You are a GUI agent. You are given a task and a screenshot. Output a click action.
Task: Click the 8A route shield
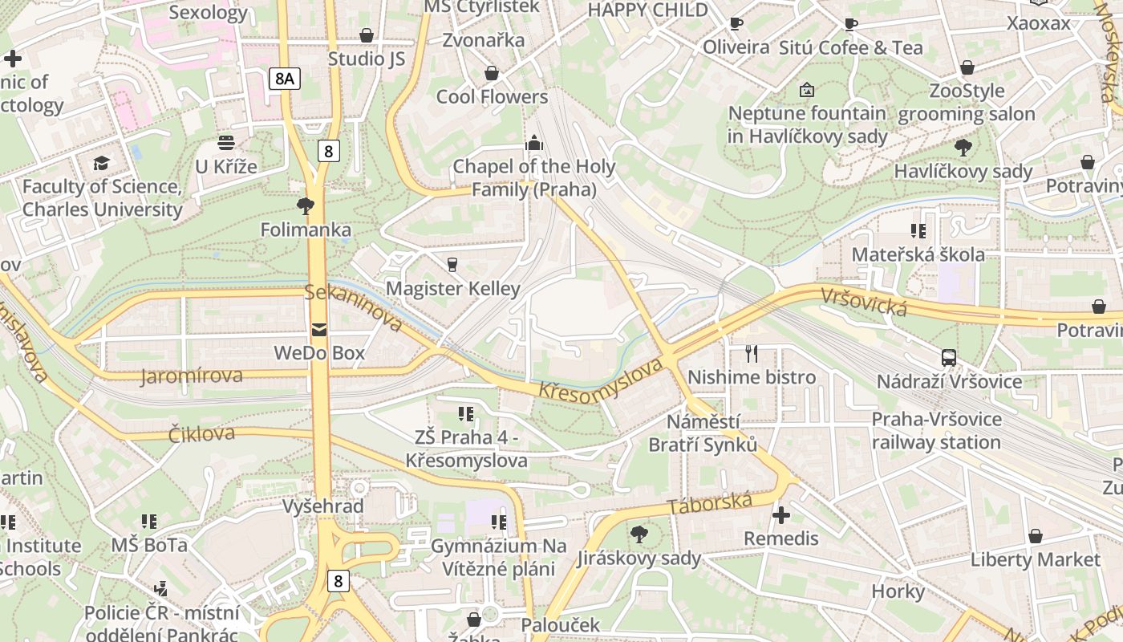[x=284, y=78]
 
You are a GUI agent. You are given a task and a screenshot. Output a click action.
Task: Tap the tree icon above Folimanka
[x=305, y=206]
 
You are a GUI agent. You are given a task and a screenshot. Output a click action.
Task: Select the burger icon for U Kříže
[x=226, y=143]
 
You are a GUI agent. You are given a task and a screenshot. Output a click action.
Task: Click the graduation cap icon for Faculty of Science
[x=101, y=163]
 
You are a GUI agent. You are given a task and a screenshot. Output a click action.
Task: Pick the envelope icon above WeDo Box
[x=319, y=329]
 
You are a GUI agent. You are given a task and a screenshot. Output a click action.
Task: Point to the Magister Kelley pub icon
[x=452, y=264]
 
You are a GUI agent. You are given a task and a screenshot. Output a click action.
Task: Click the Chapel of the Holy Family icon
[x=533, y=144]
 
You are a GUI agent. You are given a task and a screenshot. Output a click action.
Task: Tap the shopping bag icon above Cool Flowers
[x=492, y=73]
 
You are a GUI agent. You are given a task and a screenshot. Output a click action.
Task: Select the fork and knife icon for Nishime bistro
[x=752, y=353]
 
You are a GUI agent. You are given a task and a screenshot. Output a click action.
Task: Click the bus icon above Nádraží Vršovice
[x=949, y=357]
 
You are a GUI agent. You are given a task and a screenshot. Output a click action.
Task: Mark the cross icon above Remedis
[x=781, y=514]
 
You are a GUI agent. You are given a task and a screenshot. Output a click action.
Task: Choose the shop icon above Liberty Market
[x=1036, y=535]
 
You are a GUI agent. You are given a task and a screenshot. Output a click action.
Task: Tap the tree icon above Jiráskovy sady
[x=639, y=534]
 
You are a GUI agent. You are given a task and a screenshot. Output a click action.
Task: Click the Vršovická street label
[x=863, y=302]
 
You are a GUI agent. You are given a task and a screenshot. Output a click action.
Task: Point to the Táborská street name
[x=710, y=504]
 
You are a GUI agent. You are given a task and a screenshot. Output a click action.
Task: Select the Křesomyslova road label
[x=601, y=380]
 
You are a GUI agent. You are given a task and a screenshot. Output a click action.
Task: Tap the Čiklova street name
[x=201, y=434]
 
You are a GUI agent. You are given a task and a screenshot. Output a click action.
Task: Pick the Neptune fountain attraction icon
[x=807, y=90]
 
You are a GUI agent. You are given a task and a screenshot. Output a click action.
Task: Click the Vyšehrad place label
[x=322, y=506]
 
